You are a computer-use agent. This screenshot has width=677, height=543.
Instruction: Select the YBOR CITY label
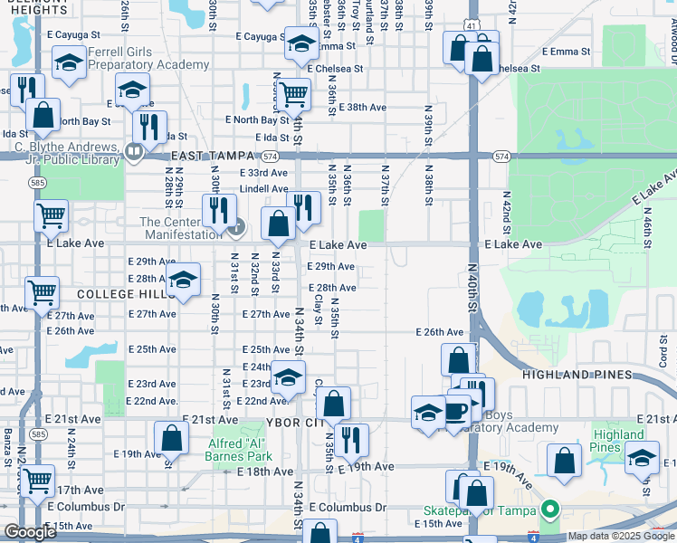[x=285, y=423]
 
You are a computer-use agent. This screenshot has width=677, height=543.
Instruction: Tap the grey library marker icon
[x=134, y=152]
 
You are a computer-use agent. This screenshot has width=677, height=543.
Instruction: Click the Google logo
[x=29, y=532]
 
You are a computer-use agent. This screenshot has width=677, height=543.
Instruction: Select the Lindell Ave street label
[x=263, y=189]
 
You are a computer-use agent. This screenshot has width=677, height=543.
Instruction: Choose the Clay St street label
[x=319, y=309]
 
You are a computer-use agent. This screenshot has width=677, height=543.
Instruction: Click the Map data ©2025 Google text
[x=620, y=537]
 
